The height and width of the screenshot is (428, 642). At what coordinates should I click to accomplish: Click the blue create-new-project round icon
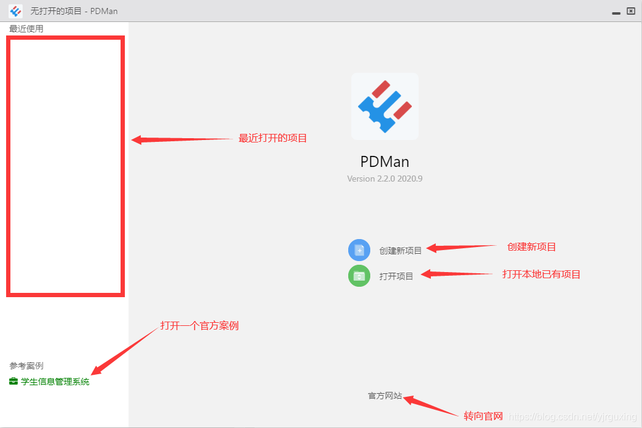[359, 250]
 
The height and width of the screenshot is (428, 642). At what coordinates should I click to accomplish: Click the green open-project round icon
[359, 276]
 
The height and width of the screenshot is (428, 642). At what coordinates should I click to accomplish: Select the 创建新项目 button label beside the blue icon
[400, 251]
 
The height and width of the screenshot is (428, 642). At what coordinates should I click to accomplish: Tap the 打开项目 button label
[396, 276]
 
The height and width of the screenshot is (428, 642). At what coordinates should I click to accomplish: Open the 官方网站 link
[385, 396]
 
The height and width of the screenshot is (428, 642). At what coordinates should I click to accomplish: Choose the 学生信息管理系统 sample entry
[55, 382]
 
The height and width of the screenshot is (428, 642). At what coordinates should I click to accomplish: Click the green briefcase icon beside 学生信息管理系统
[13, 382]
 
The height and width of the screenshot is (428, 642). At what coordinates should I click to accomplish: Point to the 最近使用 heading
[26, 29]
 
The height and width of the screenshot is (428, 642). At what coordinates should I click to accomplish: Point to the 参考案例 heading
[26, 366]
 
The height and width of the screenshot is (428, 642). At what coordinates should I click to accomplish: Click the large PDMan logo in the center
[385, 106]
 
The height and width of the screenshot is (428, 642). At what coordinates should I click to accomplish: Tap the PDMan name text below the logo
[385, 162]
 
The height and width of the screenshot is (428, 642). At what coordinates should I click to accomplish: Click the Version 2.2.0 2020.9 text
[385, 179]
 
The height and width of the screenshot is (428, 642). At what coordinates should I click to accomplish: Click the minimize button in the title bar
[616, 11]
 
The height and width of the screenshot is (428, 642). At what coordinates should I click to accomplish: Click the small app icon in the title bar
[16, 11]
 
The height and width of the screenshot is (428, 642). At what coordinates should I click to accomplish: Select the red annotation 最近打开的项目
[272, 138]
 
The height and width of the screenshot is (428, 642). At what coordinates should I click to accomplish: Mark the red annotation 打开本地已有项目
[541, 275]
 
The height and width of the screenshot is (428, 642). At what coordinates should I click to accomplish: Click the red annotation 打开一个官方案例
[200, 326]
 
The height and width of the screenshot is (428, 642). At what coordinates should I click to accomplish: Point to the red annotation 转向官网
[483, 416]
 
